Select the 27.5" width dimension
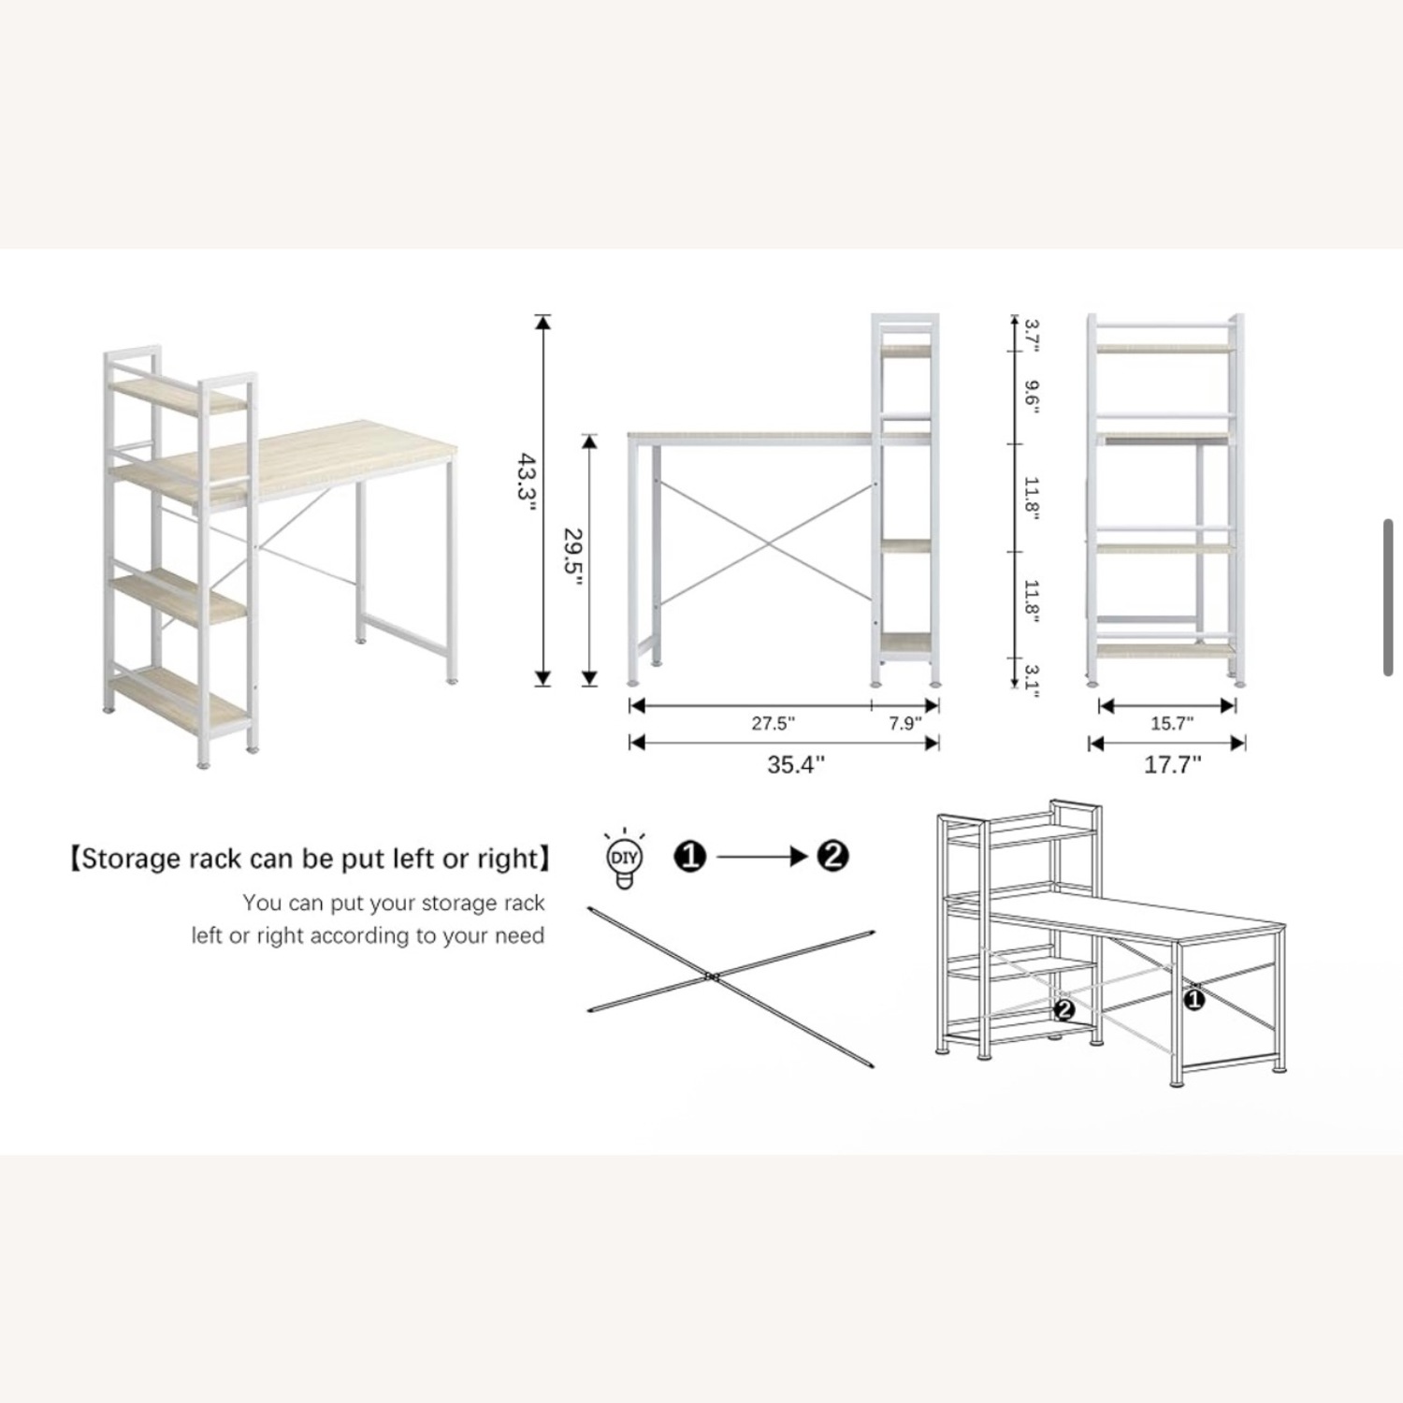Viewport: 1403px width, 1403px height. [x=774, y=723]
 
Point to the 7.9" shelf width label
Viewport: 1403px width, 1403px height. [x=904, y=723]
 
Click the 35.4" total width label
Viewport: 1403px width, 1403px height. [x=796, y=764]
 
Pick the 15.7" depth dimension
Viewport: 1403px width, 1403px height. [x=1172, y=723]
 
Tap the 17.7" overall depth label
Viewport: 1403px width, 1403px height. [x=1173, y=764]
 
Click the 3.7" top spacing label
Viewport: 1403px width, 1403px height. [x=1032, y=334]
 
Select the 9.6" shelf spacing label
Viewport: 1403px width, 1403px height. [x=1032, y=396]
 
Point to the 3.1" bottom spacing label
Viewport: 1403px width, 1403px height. [x=1032, y=680]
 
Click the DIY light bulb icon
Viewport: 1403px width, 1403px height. [x=624, y=858]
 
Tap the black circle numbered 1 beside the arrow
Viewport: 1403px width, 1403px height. [x=690, y=856]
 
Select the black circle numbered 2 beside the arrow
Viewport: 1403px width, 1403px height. [x=832, y=856]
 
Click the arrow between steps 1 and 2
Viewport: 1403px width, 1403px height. [x=762, y=856]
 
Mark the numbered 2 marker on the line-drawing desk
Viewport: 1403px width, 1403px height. [x=1063, y=1009]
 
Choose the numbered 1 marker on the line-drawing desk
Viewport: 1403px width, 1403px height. [x=1194, y=1000]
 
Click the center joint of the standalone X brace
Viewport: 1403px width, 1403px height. [x=711, y=977]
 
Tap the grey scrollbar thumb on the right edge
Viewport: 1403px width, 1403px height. [x=1389, y=597]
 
